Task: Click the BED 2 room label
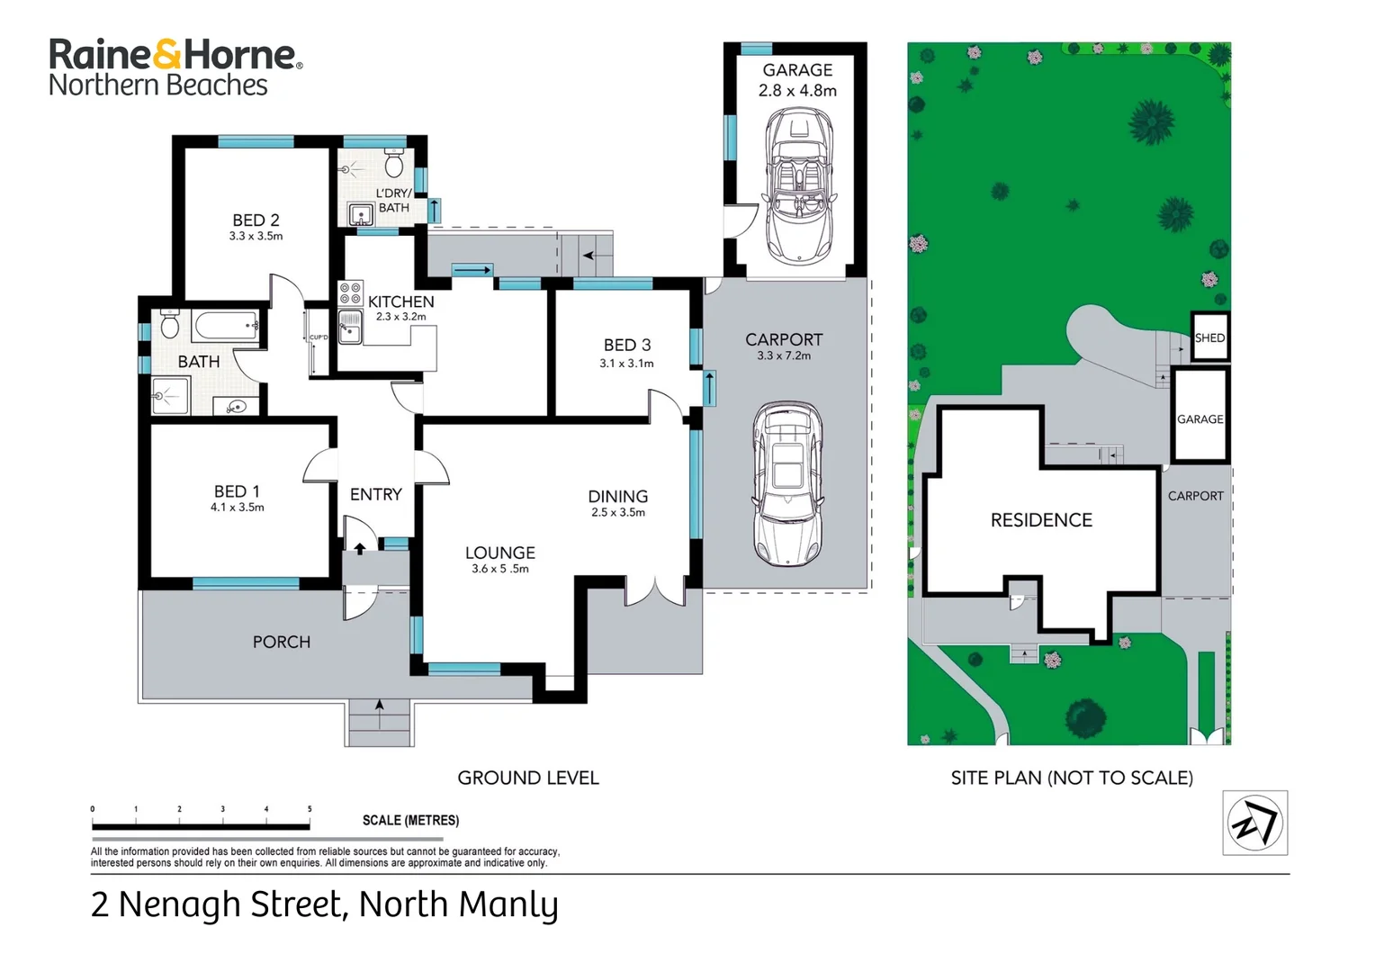point(256,220)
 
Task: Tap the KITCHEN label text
point(400,301)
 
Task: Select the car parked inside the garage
point(797,185)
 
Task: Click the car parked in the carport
point(787,483)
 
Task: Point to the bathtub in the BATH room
point(226,326)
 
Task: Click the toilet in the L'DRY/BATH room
point(393,164)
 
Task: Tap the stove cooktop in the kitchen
point(350,292)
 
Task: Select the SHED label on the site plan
point(1209,338)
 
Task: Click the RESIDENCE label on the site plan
point(1041,520)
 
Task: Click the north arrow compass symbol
point(1254,823)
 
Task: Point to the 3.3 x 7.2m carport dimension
point(784,356)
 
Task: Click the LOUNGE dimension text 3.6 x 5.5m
point(500,569)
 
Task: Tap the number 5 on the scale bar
point(310,809)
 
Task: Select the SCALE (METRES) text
point(410,821)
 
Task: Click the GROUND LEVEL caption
point(528,778)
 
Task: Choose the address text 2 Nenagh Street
point(216,904)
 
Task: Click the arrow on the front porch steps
point(380,705)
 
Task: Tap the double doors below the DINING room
point(656,590)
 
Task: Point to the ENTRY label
point(375,494)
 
